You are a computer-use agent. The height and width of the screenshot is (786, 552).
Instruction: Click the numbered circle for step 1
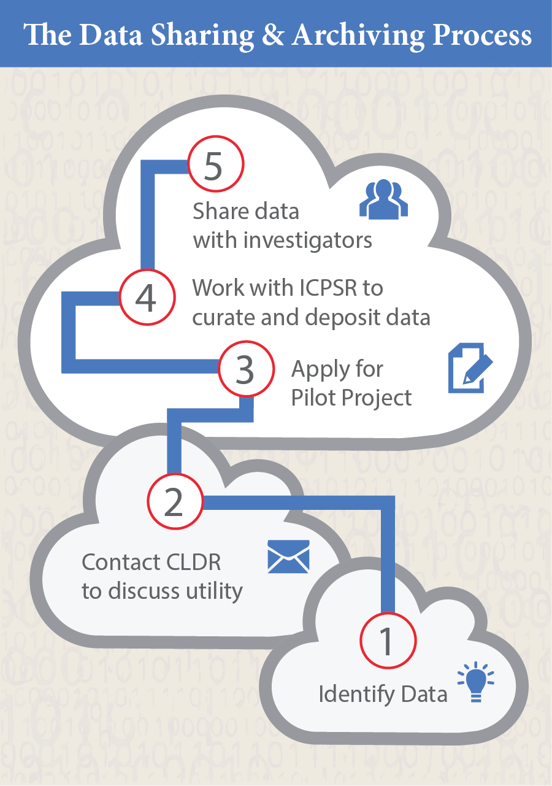pyautogui.click(x=387, y=641)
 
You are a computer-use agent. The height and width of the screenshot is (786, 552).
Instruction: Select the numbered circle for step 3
pyautogui.click(x=245, y=370)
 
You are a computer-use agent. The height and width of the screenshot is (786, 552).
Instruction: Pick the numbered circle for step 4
pyautogui.click(x=146, y=298)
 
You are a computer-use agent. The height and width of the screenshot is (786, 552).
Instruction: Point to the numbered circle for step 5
pyautogui.click(x=213, y=167)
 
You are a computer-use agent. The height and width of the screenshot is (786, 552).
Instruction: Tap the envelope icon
pyautogui.click(x=289, y=556)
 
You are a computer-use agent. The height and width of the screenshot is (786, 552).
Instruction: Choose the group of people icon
pyautogui.click(x=383, y=199)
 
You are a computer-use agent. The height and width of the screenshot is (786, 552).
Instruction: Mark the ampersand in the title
pyautogui.click(x=273, y=35)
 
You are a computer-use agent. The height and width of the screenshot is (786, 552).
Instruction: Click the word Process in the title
pyautogui.click(x=482, y=35)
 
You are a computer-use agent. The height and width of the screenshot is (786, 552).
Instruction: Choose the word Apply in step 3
pyautogui.click(x=319, y=370)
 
